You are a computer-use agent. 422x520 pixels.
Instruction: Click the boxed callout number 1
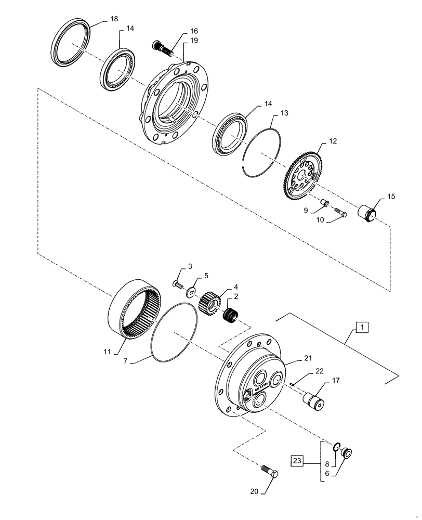pos(362,327)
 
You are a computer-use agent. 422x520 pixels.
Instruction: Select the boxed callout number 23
pos(297,460)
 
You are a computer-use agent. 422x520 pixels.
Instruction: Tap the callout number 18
pos(114,19)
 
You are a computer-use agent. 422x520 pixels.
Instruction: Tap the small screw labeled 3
pos(179,284)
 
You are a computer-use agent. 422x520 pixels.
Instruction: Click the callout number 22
pos(319,371)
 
